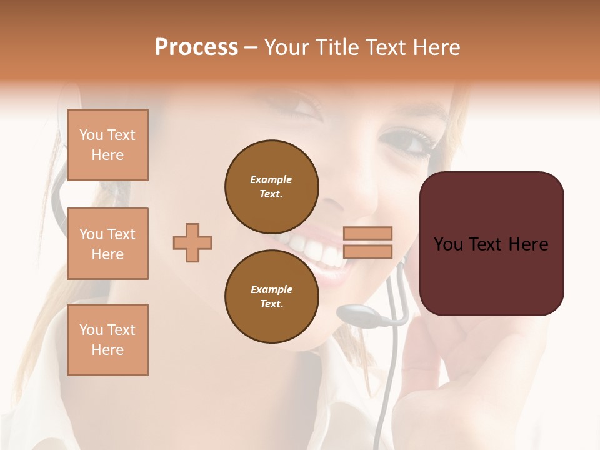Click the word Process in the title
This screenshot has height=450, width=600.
coord(196,47)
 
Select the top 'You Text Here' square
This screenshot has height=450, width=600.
coord(107,145)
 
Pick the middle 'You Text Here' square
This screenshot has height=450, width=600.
coord(107,244)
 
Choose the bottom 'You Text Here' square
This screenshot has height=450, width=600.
coord(107,340)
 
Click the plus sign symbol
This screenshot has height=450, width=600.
coord(192,243)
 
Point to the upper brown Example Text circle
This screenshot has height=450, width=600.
coord(271,187)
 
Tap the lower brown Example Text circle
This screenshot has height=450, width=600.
coord(271,296)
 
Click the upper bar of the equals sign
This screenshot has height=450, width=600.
coord(367,233)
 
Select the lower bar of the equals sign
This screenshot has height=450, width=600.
coord(367,251)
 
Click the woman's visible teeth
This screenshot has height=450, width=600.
coord(312,250)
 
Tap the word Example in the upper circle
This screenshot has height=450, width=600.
coord(271,179)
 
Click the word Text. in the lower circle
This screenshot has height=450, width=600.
coord(271,304)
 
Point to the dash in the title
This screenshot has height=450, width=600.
coord(251,47)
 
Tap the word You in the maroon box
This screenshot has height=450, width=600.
coord(448,244)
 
